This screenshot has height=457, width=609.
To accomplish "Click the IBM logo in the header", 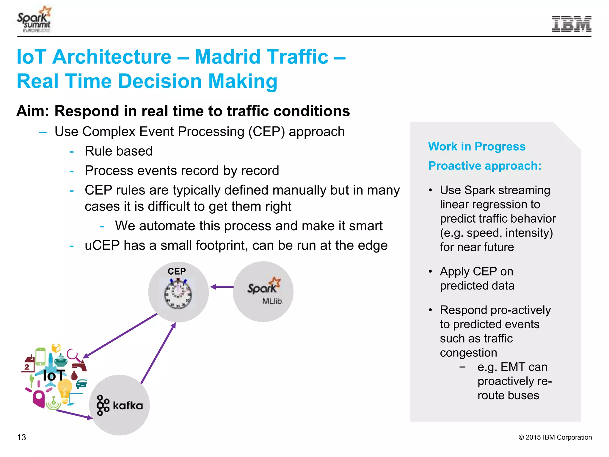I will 571,24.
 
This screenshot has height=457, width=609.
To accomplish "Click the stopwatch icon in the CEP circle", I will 178,294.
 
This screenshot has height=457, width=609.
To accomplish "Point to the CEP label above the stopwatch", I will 177,271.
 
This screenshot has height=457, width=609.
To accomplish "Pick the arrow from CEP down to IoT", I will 120,335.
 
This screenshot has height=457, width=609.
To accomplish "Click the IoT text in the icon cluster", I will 54,375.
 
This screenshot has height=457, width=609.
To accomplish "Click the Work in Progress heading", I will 477,146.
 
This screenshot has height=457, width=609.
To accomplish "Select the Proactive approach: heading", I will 484,166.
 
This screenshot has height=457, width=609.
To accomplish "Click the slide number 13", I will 21,437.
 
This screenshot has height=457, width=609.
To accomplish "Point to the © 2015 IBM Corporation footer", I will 555,437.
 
